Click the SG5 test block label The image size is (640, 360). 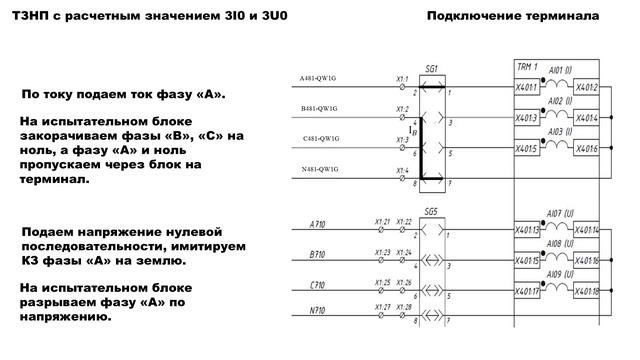click(x=431, y=212)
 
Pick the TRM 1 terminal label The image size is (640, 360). click(x=527, y=66)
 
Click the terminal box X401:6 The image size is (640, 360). click(x=587, y=148)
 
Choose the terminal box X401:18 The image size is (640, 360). click(x=588, y=291)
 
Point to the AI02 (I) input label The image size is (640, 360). click(x=558, y=102)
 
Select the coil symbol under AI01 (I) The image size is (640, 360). click(x=558, y=86)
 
